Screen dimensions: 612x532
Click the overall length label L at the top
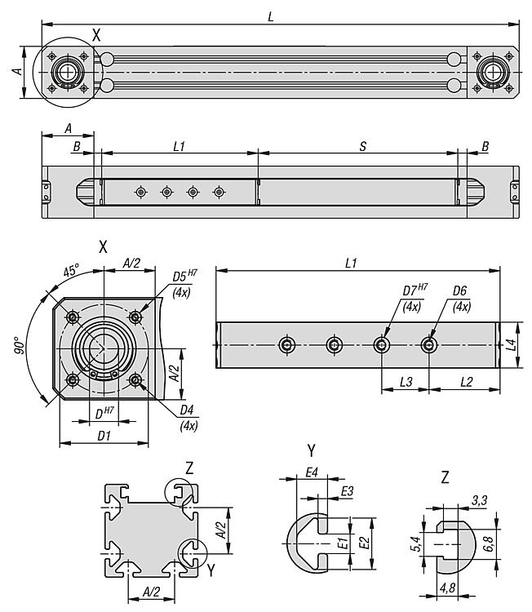[x=270, y=16]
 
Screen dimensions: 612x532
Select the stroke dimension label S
[x=362, y=145]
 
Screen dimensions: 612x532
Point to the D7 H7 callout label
[x=413, y=290]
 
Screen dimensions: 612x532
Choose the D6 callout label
[x=460, y=290]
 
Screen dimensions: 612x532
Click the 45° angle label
[x=72, y=269]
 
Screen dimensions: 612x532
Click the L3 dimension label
[x=406, y=382]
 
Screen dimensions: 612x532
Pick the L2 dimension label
[x=466, y=382]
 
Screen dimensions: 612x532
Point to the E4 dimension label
[x=311, y=472]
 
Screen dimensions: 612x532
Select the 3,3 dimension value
[x=480, y=499]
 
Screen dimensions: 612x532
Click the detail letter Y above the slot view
[x=311, y=450]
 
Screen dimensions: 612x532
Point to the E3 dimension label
[x=347, y=490]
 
